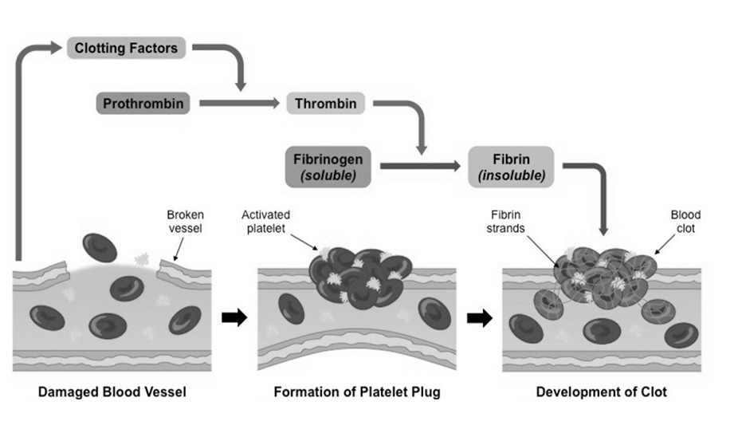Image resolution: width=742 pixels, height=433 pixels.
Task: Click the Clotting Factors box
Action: (x=127, y=48)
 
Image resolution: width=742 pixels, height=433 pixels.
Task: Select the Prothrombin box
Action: (x=143, y=104)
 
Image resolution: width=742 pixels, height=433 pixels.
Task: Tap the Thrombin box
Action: (x=326, y=104)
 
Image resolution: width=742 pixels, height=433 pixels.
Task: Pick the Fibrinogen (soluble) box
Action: (x=328, y=167)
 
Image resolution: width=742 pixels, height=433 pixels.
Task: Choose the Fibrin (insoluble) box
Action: (x=512, y=167)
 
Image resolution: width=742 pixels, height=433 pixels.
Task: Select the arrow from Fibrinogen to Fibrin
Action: (x=420, y=167)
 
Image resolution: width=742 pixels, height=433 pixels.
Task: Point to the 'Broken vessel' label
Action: (x=185, y=221)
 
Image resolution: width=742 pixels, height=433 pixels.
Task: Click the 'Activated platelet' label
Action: (x=265, y=221)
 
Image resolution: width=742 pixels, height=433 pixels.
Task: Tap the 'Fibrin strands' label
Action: (x=506, y=221)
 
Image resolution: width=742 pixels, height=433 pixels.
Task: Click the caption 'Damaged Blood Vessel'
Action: (x=112, y=392)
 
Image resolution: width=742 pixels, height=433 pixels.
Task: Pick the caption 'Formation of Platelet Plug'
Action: (x=356, y=392)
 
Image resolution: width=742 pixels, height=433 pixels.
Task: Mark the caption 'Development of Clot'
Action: (x=601, y=392)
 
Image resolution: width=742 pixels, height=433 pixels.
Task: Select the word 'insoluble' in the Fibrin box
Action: (x=512, y=175)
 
